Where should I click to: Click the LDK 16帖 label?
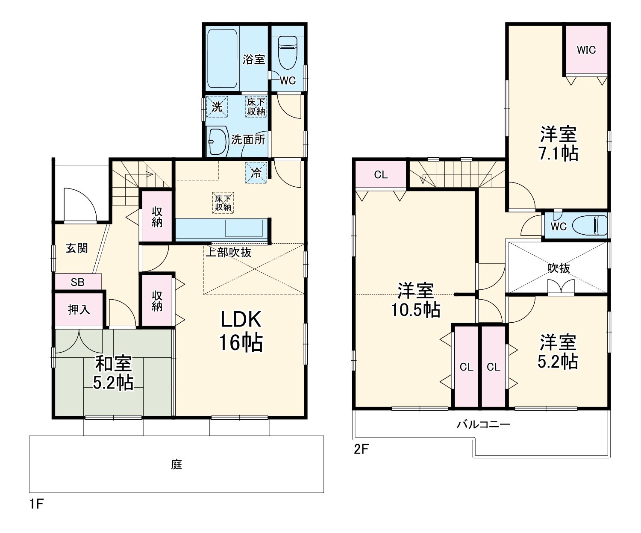tap(241, 331)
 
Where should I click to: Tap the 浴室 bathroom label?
tap(253, 59)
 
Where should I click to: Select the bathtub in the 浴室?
tap(222, 59)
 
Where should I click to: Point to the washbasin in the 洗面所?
tap(218, 141)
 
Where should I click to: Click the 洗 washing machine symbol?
tap(217, 106)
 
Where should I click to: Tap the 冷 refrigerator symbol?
tap(256, 173)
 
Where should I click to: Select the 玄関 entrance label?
tap(77, 248)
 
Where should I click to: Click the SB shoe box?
tap(78, 282)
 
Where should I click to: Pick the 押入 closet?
tap(79, 309)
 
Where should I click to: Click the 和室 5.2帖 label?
tap(113, 372)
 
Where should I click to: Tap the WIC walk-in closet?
tap(586, 50)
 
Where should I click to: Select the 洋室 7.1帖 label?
tap(559, 143)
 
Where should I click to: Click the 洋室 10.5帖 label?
tap(416, 300)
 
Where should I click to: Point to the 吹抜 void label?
tap(559, 268)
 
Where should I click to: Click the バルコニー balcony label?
tap(483, 424)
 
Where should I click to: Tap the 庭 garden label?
tap(176, 465)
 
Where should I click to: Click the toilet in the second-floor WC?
tap(591, 225)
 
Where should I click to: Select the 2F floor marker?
tap(361, 449)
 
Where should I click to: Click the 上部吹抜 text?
tap(228, 252)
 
